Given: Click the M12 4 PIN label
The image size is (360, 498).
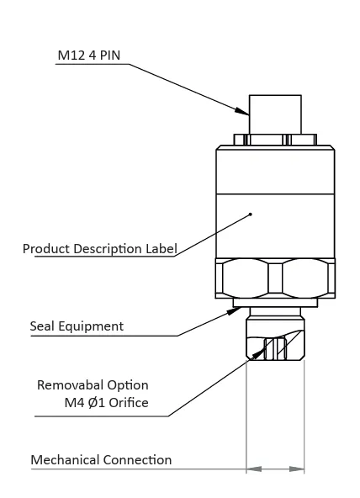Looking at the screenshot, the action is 89,56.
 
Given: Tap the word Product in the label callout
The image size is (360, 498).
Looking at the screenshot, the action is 46,249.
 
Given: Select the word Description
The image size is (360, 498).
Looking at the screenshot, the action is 108,249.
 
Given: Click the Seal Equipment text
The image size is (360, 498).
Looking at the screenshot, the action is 77,326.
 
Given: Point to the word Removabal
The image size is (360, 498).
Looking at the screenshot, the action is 70,385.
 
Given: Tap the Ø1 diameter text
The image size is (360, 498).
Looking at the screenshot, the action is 97,403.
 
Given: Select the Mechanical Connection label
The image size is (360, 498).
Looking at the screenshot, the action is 101,460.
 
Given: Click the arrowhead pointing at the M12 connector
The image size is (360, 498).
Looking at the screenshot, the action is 242,112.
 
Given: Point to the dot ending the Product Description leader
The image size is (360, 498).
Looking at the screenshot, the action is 251,215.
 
